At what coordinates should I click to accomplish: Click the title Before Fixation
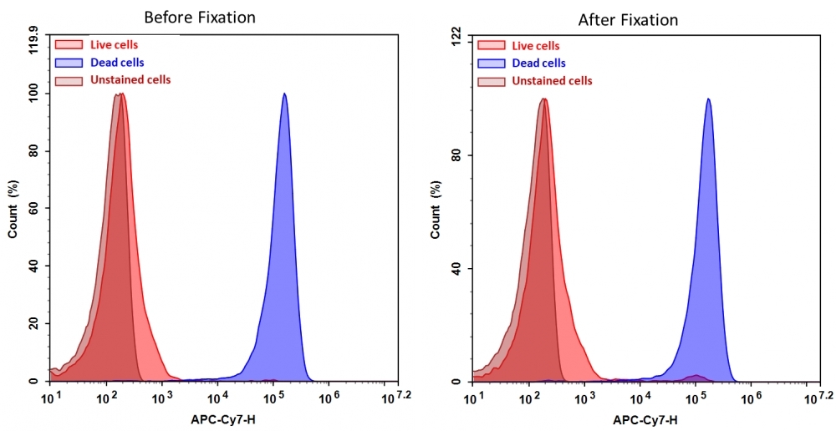tap(200, 17)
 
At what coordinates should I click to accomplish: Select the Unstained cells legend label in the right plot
tap(552, 81)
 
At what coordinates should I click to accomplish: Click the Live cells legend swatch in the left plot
tap(69, 45)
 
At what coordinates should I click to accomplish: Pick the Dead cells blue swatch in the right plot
tap(492, 63)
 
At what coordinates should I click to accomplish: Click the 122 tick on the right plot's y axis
tap(456, 38)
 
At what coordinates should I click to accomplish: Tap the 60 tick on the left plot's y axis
tap(33, 209)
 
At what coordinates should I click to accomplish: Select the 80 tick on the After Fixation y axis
tap(456, 155)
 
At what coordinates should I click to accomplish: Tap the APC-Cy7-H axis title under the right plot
tap(645, 419)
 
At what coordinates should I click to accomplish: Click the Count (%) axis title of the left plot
tap(13, 209)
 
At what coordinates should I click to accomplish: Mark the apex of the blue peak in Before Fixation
tap(284, 94)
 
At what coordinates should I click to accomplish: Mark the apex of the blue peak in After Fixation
tap(708, 99)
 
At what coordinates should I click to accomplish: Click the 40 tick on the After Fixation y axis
tap(456, 268)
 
